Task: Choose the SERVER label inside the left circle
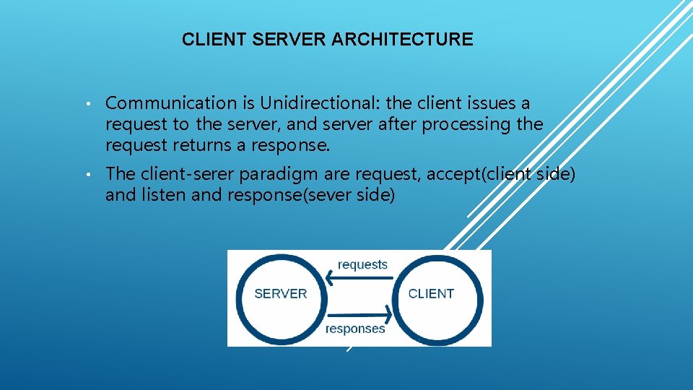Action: (281, 294)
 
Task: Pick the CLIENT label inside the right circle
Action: (431, 294)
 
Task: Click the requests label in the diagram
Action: (362, 264)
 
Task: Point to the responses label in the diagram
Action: (355, 329)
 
